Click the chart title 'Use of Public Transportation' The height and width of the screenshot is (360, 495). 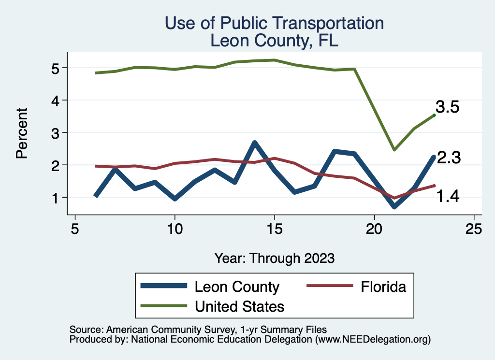coord(274,23)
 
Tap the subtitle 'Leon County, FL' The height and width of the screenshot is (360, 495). coord(274,41)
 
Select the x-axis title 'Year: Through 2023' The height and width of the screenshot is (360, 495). coord(274,258)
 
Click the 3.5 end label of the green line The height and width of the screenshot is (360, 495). coord(447,107)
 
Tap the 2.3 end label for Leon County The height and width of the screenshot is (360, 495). coord(448,158)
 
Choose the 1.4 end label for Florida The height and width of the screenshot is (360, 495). coord(448,196)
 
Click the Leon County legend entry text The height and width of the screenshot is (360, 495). coord(237,287)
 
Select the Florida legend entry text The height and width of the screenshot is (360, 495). coord(383,287)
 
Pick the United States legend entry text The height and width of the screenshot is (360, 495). coord(239,306)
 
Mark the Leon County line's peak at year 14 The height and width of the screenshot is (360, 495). coord(254,143)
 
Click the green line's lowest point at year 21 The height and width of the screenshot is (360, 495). coord(394,150)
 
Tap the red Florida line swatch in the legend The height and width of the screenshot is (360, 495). coord(328,287)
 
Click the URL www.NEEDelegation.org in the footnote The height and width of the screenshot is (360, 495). coord(372,340)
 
